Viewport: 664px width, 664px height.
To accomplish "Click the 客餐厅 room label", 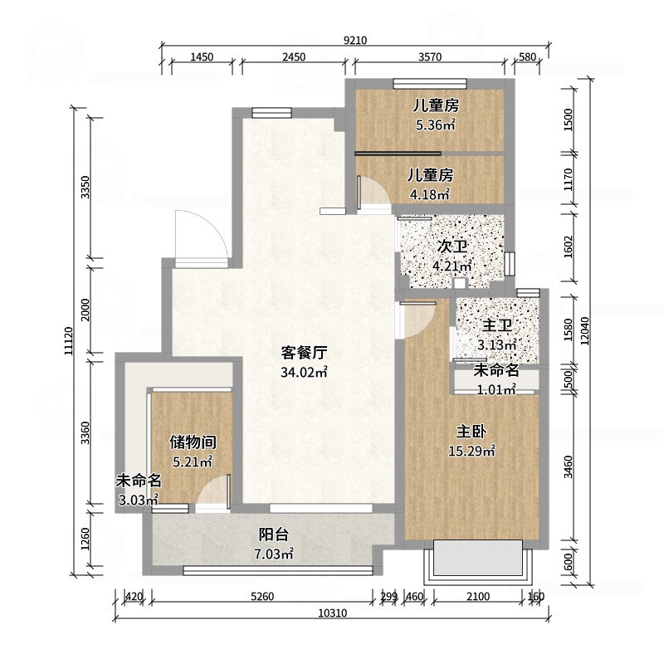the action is tap(304, 352).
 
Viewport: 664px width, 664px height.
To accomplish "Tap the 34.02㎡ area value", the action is tap(304, 372).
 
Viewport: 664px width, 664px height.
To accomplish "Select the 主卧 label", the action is tap(471, 432).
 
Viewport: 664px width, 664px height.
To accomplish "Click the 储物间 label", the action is tap(193, 442).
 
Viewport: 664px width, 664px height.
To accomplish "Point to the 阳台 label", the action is tap(274, 535).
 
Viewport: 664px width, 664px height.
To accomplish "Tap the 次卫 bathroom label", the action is tap(452, 247).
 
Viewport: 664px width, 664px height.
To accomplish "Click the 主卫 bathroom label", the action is tap(497, 325).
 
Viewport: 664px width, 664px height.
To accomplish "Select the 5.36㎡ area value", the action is tap(435, 125).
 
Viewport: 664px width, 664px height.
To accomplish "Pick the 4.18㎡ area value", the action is tap(429, 194).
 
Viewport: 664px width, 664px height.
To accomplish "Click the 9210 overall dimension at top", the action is tap(355, 40).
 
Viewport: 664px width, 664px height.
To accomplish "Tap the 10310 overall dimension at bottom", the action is tap(333, 613).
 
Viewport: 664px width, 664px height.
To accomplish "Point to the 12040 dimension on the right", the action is tap(585, 330).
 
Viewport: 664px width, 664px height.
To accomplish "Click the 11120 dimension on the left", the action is tap(69, 341).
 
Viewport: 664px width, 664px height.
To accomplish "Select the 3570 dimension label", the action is tap(430, 56).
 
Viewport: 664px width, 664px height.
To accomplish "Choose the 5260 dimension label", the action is tap(262, 597).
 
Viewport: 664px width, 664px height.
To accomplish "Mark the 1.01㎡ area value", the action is tap(496, 389).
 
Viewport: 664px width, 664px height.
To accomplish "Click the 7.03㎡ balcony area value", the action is tap(273, 554).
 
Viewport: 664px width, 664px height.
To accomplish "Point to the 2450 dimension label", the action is tap(294, 56).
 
